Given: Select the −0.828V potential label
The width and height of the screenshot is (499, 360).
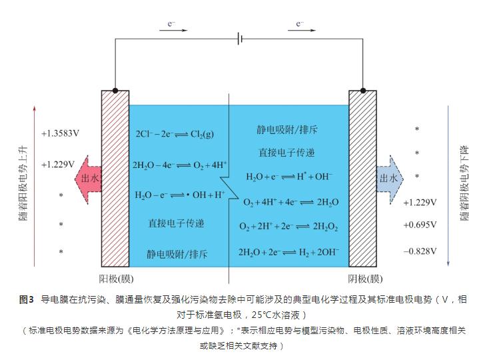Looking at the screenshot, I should tap(420, 251).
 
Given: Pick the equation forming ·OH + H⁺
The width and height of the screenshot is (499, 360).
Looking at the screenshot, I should tap(179, 195).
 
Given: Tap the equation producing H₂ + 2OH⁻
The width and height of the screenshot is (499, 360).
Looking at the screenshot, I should tap(288, 252).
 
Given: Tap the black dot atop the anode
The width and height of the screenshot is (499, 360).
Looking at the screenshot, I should tap(116, 90).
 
